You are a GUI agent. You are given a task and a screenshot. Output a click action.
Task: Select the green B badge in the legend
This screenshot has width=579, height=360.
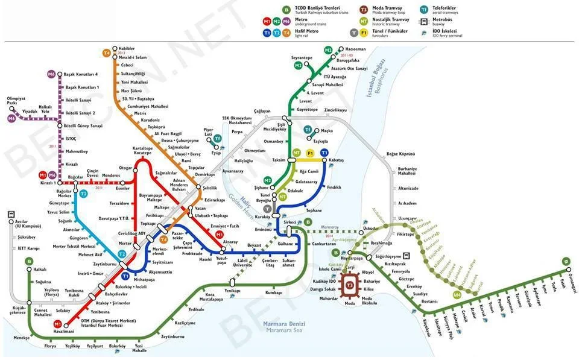click(x=286, y=10)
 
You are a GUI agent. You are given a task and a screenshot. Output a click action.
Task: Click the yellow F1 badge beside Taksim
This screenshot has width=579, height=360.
click(x=311, y=153)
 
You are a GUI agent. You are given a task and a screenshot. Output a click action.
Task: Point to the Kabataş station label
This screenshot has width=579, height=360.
click(x=336, y=160)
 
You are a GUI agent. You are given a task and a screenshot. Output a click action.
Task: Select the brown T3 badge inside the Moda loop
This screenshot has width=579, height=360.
click(x=349, y=283)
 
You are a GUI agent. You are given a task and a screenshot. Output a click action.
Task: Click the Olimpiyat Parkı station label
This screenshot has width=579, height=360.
click(x=16, y=101)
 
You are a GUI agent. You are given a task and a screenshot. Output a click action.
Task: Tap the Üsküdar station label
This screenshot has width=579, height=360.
click(x=370, y=229)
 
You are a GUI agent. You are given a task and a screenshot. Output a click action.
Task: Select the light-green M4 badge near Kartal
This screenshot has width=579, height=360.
click(x=457, y=295)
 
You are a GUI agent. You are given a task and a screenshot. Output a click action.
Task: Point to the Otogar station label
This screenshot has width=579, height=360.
click(x=125, y=168)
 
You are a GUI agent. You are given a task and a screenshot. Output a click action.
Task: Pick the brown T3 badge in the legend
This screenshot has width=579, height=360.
click(x=363, y=10)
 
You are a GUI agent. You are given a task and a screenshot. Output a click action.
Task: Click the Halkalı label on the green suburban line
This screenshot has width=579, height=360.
click(x=40, y=270)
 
